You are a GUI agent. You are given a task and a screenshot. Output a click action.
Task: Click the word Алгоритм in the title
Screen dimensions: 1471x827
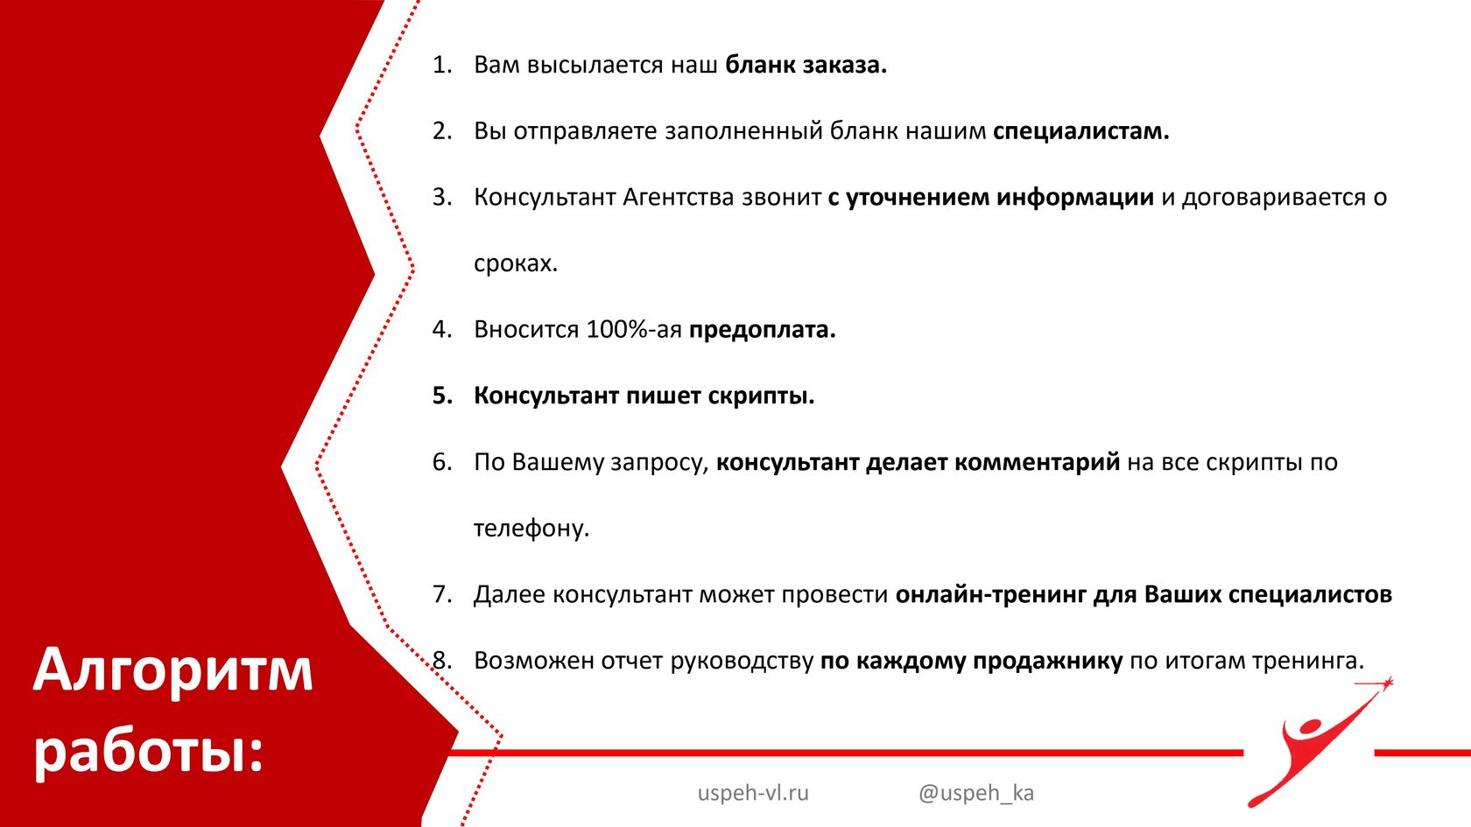[172, 670]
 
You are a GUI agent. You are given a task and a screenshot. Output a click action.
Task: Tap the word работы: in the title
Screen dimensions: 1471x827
[149, 753]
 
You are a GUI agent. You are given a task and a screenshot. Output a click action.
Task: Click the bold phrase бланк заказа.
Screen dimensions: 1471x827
[806, 65]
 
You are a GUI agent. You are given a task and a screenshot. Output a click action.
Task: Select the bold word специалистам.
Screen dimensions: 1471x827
[1080, 132]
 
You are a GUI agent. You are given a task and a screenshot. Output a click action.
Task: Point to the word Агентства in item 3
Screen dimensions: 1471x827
[678, 197]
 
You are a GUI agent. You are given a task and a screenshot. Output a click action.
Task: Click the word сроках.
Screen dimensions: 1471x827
[516, 264]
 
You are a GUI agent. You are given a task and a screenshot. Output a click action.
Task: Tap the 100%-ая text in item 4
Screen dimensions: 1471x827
[634, 329]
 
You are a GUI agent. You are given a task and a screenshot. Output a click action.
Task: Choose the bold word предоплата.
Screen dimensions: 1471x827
[762, 330]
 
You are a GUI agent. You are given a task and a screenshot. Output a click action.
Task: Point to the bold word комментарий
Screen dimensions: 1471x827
[1037, 463]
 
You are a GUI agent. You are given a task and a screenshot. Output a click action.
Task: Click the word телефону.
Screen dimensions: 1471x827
[531, 529]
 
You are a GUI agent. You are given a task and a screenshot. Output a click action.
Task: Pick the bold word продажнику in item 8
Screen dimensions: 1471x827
[1047, 661]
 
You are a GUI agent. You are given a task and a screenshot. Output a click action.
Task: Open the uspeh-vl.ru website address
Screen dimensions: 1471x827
[753, 793]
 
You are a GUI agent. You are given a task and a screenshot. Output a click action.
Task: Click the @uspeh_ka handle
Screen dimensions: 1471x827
[975, 794]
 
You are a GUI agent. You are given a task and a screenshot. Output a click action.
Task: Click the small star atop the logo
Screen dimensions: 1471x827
[1387, 683]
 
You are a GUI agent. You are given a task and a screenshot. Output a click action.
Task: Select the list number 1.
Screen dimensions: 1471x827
[442, 65]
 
